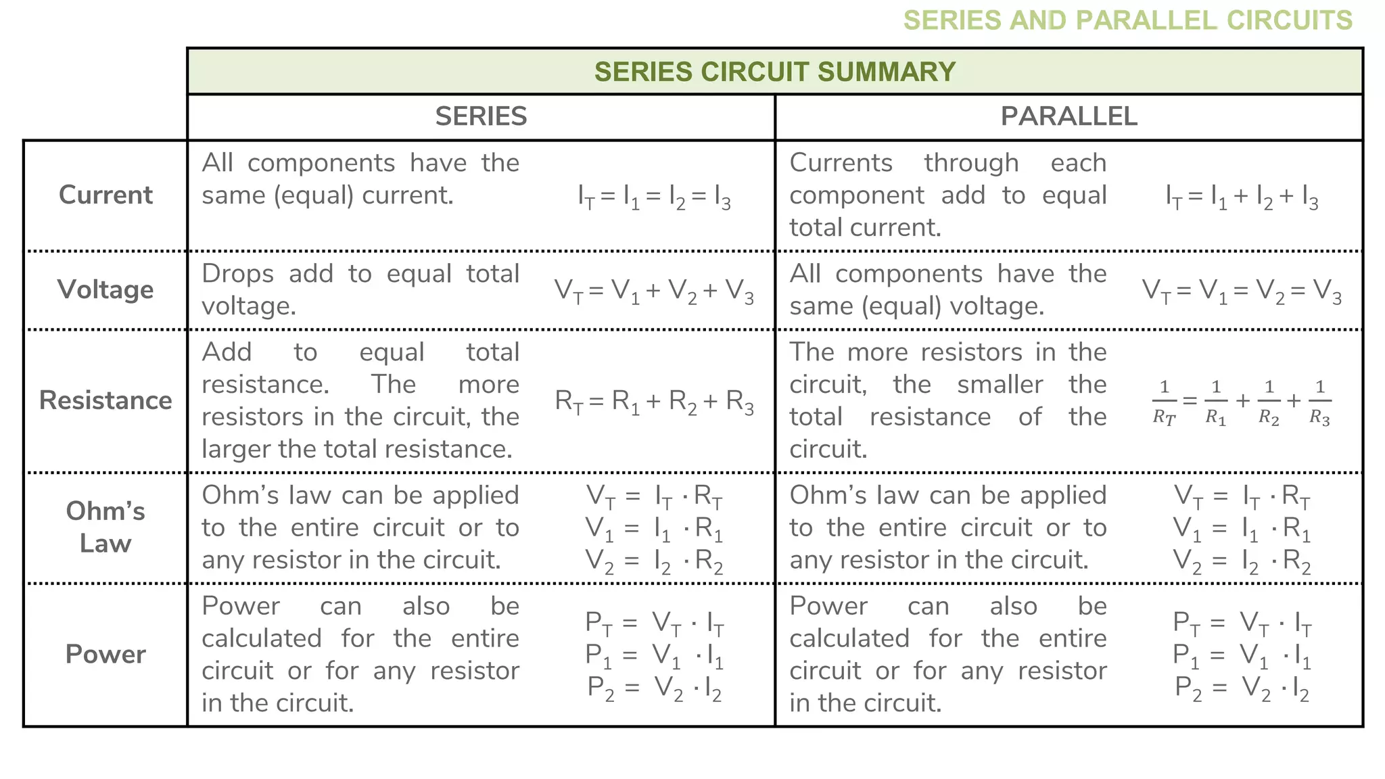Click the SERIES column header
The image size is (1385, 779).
tap(481, 117)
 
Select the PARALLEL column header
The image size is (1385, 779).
tap(1069, 117)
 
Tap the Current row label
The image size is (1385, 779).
tap(105, 195)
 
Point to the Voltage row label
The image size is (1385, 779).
tap(105, 290)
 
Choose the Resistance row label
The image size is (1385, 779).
tap(105, 401)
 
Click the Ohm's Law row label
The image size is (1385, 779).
tap(105, 527)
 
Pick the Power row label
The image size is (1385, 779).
tap(105, 655)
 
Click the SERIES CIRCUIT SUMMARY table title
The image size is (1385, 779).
tap(774, 72)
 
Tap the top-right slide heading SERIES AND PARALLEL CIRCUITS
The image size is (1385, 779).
tap(1127, 20)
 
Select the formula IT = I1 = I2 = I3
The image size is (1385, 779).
tap(654, 197)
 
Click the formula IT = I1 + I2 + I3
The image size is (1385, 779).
tap(1242, 197)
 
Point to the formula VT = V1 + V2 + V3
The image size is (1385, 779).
tap(654, 291)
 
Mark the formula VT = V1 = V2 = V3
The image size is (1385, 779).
tap(1242, 291)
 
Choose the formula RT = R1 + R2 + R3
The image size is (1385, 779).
tap(654, 402)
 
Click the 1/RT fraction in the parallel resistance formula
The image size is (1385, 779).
tap(1164, 402)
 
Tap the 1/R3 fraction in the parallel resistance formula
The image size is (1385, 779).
tap(1319, 402)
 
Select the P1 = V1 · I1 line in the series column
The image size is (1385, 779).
tap(654, 655)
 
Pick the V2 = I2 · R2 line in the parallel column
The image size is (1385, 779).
tap(1242, 561)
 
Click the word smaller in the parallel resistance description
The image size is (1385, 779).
tap(1000, 385)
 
